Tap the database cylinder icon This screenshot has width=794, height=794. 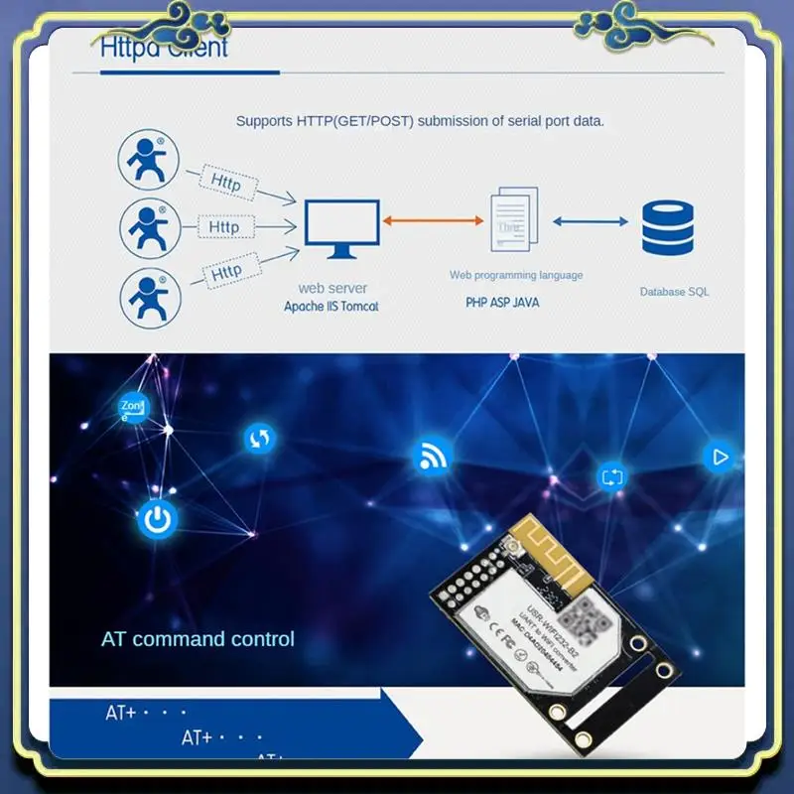(x=668, y=228)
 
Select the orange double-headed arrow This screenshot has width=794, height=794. (x=432, y=221)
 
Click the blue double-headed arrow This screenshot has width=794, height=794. (x=591, y=221)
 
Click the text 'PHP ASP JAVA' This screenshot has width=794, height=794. (x=502, y=302)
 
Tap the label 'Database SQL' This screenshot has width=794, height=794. (x=674, y=292)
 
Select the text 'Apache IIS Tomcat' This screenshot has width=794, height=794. (x=331, y=307)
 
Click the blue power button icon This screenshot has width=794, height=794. (x=157, y=518)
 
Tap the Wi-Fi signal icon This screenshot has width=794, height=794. (x=432, y=457)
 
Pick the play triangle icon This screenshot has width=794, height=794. (x=720, y=457)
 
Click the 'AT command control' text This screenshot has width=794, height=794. (x=198, y=639)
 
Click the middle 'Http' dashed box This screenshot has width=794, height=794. (x=224, y=227)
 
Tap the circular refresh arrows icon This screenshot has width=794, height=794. (x=259, y=438)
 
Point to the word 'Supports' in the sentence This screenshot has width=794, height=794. (x=263, y=121)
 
